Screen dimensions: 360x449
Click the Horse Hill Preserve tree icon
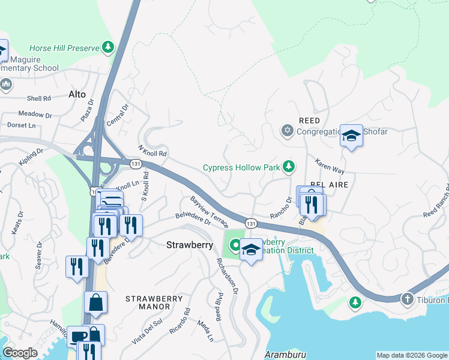pos(108,47)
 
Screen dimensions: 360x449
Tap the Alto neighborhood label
pos(77,94)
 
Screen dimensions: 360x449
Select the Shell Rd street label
pos(38,98)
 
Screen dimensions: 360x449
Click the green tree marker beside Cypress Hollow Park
pos(289,165)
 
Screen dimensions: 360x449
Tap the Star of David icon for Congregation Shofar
pos(287,130)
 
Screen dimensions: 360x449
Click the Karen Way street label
pos(330,166)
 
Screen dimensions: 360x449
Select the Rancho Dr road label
pos(280,207)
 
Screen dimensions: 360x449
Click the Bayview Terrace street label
pos(209,212)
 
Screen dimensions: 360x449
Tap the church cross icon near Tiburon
pos(407,299)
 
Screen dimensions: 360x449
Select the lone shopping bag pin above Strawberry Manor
pos(95,304)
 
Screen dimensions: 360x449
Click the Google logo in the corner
pos(20,353)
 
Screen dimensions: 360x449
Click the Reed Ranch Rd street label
pos(436,206)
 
